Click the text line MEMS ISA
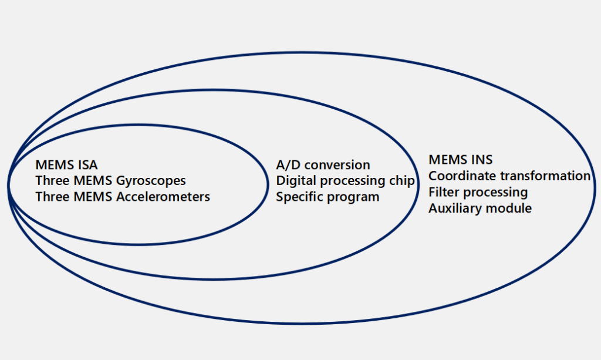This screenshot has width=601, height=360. pyautogui.click(x=66, y=165)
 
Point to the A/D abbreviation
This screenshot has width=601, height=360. pyautogui.click(x=288, y=165)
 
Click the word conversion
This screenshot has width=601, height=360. pyautogui.click(x=337, y=165)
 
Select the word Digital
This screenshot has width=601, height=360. pyautogui.click(x=295, y=181)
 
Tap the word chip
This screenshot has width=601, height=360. pyautogui.click(x=401, y=181)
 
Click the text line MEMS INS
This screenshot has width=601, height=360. pyautogui.click(x=460, y=160)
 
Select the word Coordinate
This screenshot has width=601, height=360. pyautogui.click(x=462, y=176)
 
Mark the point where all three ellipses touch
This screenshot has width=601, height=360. pyautogui.click(x=8, y=183)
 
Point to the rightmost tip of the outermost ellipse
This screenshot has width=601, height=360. pyautogui.click(x=595, y=187)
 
